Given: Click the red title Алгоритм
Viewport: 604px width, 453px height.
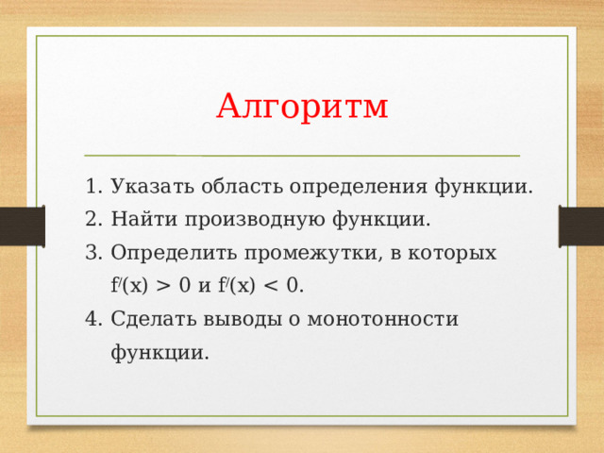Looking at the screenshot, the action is pos(302,107).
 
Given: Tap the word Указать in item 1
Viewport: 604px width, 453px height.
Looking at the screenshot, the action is pos(152,187).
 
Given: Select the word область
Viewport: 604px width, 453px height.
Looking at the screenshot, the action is pos(242,186).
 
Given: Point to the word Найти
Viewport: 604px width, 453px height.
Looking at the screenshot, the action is pos(144,219).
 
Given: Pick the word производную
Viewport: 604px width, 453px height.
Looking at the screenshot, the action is pos(255,221).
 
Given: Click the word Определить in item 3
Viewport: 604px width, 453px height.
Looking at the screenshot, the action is pos(174,254).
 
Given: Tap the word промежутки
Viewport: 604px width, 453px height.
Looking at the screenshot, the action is pos(312,254).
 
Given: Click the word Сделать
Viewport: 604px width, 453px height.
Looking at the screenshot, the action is pos(154,320).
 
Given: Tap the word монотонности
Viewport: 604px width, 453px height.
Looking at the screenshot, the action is pos(382,320).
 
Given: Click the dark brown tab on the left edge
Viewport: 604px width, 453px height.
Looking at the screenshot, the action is pos(23,226).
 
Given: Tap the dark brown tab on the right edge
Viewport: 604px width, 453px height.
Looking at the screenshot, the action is pos(581,226).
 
